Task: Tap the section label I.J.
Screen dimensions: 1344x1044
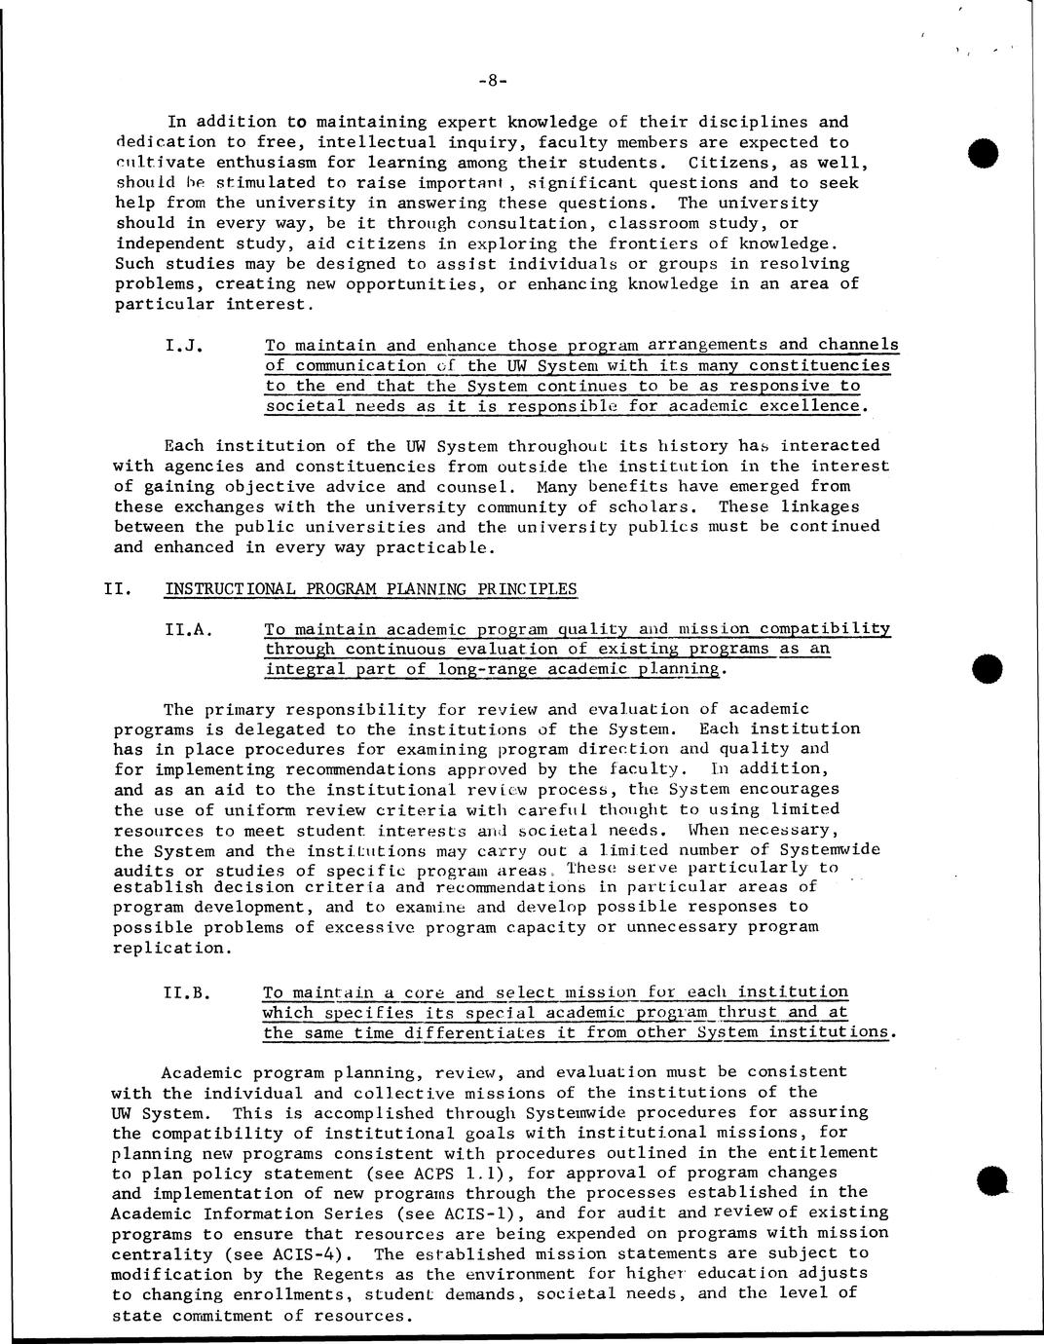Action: (x=185, y=346)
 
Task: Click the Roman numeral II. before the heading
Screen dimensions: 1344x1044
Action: (x=118, y=589)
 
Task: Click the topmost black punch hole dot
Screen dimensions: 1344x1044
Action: (x=985, y=154)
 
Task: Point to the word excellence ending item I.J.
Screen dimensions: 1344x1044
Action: (x=814, y=406)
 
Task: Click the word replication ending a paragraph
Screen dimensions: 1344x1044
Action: (x=170, y=948)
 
